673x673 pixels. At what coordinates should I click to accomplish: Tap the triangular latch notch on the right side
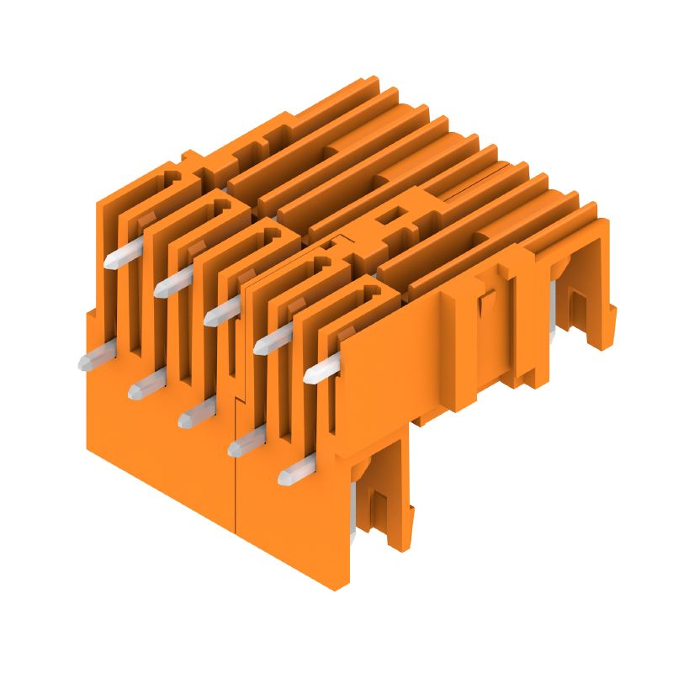485,304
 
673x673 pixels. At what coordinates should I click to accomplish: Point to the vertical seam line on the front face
235,471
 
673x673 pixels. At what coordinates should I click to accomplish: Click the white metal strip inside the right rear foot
553,303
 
